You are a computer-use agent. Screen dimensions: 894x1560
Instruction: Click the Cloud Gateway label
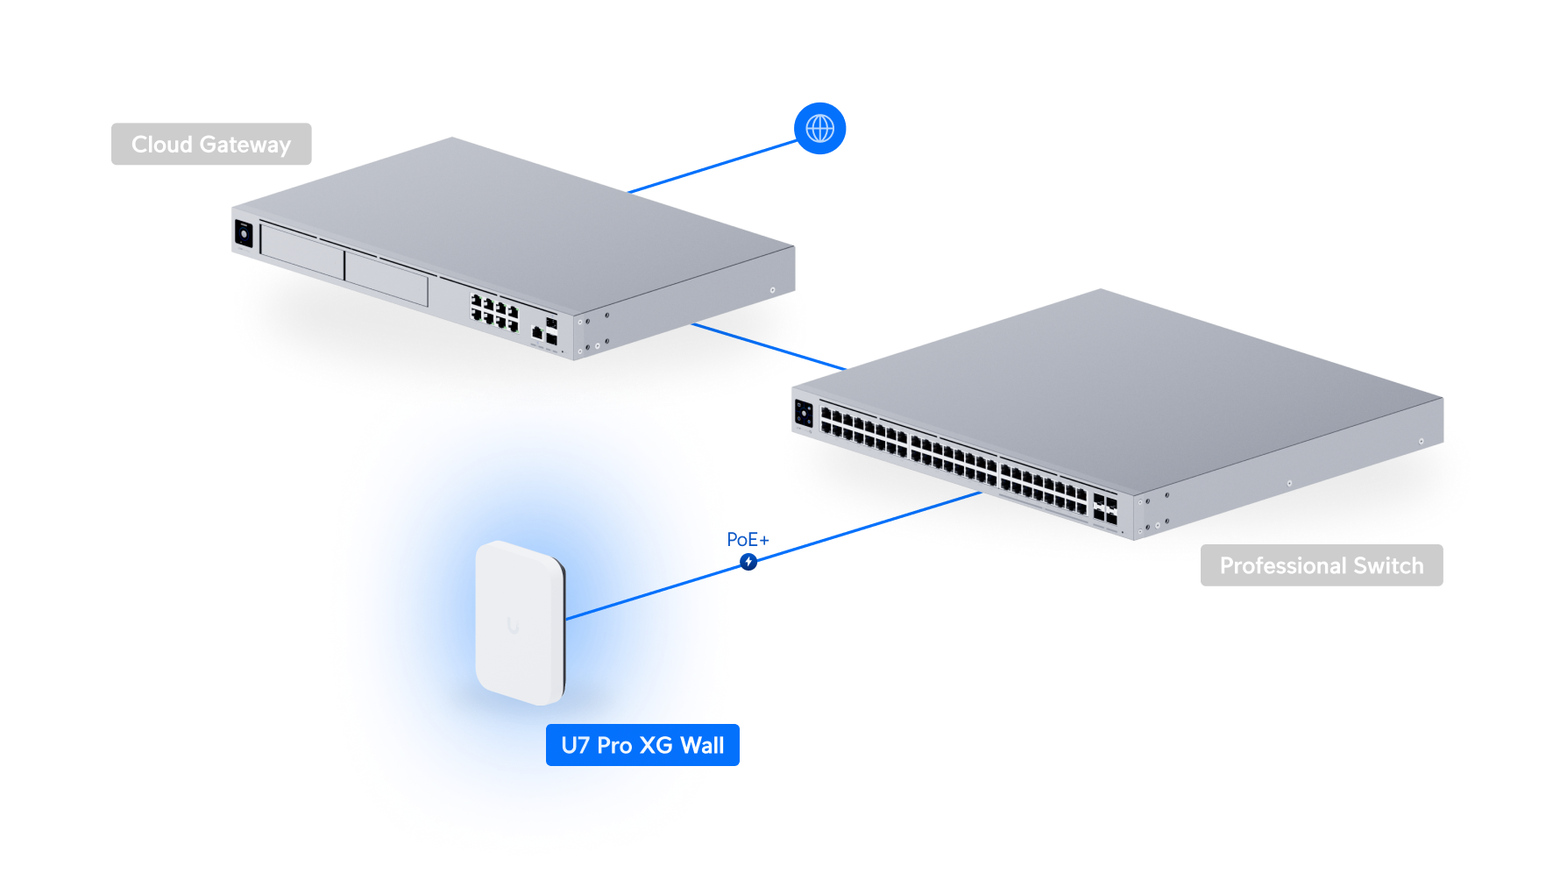[x=211, y=145]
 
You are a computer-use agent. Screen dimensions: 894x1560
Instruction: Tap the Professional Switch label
[x=1321, y=566]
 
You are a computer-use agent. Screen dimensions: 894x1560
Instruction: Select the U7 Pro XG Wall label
[x=642, y=746]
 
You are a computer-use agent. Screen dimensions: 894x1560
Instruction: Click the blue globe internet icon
[x=820, y=129]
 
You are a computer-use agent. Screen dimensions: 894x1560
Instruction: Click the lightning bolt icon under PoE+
[x=748, y=561]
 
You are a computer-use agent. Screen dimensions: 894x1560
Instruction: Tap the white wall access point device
[x=520, y=622]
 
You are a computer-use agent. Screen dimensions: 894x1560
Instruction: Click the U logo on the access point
[x=513, y=625]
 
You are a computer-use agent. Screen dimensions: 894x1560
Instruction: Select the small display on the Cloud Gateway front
[x=244, y=234]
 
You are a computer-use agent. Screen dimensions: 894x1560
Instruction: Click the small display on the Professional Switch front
[x=804, y=414]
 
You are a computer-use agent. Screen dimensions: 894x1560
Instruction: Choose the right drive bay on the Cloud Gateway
[x=386, y=278]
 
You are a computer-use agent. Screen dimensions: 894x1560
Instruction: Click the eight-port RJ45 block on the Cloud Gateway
[x=495, y=313]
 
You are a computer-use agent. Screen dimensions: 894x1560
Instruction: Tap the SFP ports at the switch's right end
[x=1105, y=509]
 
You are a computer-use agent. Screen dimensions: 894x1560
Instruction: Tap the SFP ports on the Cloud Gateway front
[x=550, y=330]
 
